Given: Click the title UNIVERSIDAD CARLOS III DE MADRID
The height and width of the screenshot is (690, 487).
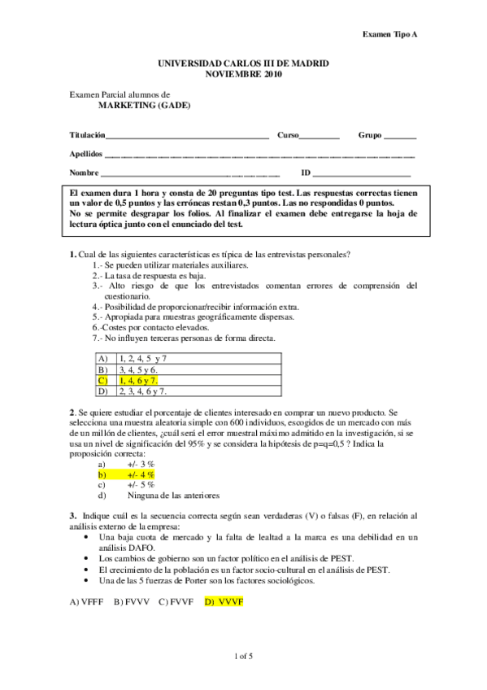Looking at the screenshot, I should (x=243, y=63).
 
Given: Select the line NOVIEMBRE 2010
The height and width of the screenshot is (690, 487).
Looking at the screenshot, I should (x=244, y=73).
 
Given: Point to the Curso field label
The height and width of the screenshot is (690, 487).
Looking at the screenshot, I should (x=289, y=134).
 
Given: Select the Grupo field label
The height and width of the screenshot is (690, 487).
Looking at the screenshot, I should (x=372, y=134).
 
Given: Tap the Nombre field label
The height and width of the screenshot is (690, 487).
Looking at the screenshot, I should (x=84, y=173).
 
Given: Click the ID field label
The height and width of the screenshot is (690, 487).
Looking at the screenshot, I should (x=306, y=173).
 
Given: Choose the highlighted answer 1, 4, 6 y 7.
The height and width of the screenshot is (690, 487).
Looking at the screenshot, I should (x=138, y=380).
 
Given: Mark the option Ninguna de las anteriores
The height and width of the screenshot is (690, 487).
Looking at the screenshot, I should (x=173, y=495).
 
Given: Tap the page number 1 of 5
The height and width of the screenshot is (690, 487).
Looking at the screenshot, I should (x=243, y=656).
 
